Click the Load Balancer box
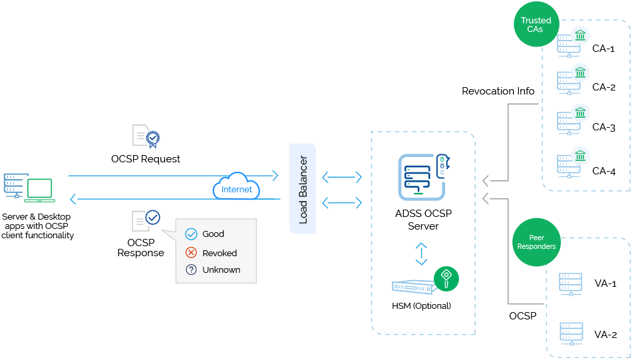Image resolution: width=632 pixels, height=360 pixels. click(x=303, y=188)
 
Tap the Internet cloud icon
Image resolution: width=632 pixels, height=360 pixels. click(x=237, y=187)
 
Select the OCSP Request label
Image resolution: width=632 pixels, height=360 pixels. click(x=146, y=159)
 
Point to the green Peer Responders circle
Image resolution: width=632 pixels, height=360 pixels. click(x=536, y=242)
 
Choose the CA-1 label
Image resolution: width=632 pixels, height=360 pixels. click(x=603, y=49)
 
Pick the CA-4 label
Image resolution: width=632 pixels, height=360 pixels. click(x=603, y=171)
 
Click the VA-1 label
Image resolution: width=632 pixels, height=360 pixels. click(x=605, y=283)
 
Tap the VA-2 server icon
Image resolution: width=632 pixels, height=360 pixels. click(x=571, y=333)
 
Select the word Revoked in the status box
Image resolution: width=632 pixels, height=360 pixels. click(x=220, y=253)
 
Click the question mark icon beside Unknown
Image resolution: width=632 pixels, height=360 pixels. click(x=191, y=270)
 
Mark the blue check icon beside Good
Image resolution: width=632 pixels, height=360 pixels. click(x=191, y=234)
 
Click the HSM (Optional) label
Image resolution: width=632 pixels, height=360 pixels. click(x=421, y=306)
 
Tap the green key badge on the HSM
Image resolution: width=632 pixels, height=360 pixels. click(x=446, y=277)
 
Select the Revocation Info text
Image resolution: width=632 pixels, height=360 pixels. click(x=498, y=91)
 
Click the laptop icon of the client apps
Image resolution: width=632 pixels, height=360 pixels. click(x=39, y=190)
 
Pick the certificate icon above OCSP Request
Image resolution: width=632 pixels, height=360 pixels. click(x=147, y=136)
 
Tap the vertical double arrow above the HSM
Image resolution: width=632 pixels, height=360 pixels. click(x=421, y=254)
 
